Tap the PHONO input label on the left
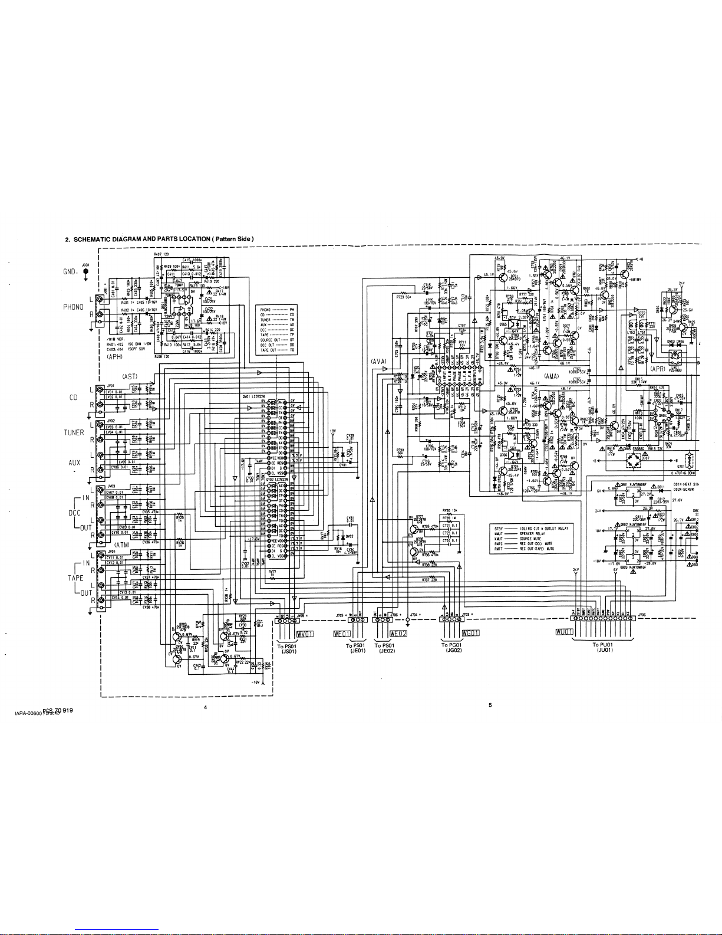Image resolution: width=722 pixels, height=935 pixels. click(73, 307)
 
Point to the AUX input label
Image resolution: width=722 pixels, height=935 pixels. click(74, 462)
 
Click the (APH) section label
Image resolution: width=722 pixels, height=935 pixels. click(114, 357)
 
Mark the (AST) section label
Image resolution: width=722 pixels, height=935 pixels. click(130, 376)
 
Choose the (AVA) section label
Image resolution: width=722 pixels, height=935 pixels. click(378, 360)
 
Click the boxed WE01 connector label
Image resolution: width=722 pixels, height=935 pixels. click(342, 634)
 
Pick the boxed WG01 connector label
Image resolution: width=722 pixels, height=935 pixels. click(472, 633)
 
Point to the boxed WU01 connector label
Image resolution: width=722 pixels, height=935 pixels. click(565, 632)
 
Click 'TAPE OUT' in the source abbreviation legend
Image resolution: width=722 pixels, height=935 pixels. click(269, 349)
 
